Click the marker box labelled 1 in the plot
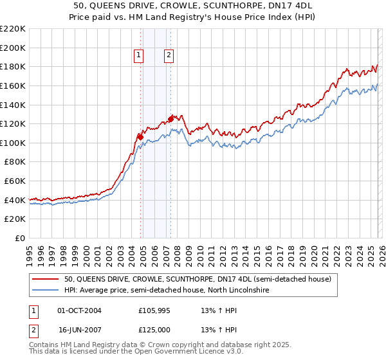(x=138, y=56)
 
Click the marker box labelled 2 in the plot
(x=169, y=56)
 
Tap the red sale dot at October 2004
(x=140, y=136)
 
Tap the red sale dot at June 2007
(x=170, y=118)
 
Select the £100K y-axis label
(x=13, y=143)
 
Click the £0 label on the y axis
(x=19, y=238)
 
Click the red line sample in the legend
(x=45, y=280)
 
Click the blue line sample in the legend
(x=45, y=291)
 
